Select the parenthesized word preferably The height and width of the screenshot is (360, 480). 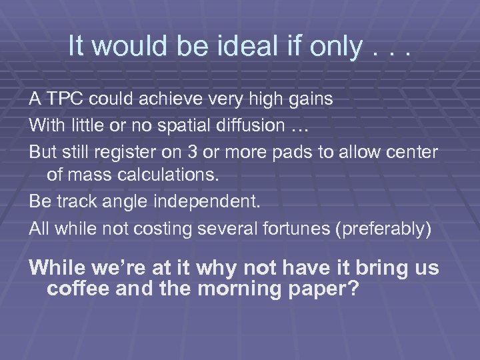tap(383, 229)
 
